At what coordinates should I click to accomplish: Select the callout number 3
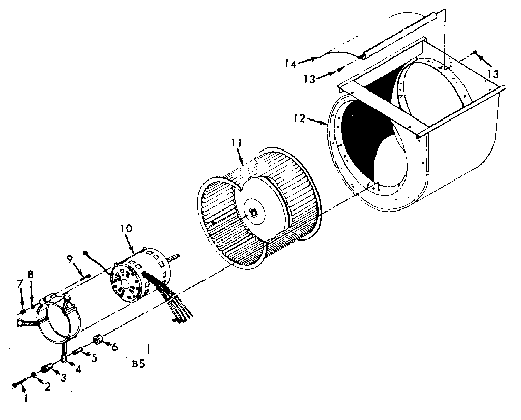[63, 378]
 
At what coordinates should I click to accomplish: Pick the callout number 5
[94, 357]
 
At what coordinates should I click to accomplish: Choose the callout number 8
[31, 275]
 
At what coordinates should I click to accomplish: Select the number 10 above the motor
[126, 228]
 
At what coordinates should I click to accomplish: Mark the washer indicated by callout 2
[34, 376]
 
